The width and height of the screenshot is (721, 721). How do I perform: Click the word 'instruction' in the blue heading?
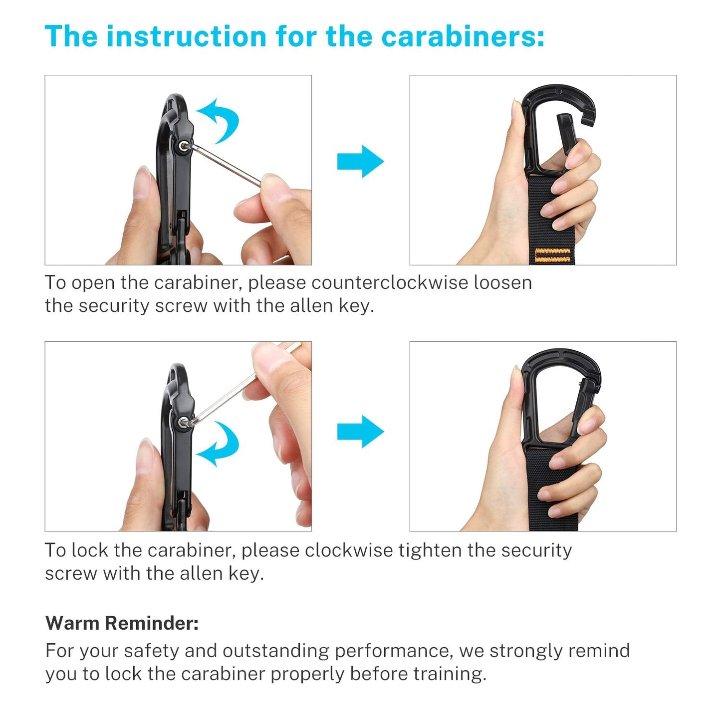(186, 36)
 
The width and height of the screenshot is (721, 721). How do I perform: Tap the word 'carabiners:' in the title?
(463, 36)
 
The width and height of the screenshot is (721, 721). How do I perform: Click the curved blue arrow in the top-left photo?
(220, 120)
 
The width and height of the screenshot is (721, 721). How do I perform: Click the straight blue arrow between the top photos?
(360, 161)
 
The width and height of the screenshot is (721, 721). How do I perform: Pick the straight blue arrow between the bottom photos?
(360, 432)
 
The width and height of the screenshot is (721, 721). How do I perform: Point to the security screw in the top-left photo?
(183, 146)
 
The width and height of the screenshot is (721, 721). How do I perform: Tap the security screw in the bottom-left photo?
(183, 423)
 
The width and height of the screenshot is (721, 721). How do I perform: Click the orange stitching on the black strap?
(553, 255)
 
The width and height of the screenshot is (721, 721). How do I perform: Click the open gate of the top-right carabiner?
(567, 133)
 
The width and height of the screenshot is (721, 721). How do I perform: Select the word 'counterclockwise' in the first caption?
(390, 282)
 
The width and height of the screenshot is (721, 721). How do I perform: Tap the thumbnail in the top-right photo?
(517, 112)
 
